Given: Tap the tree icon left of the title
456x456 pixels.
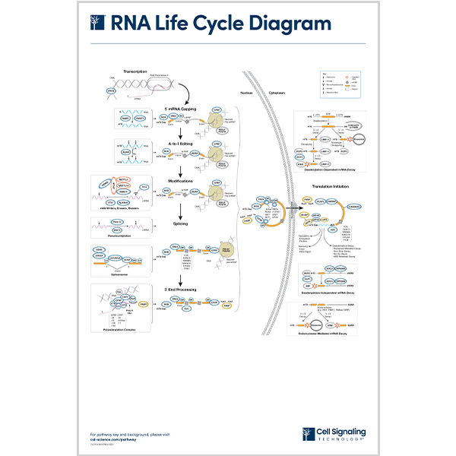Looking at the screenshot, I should [96, 24].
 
